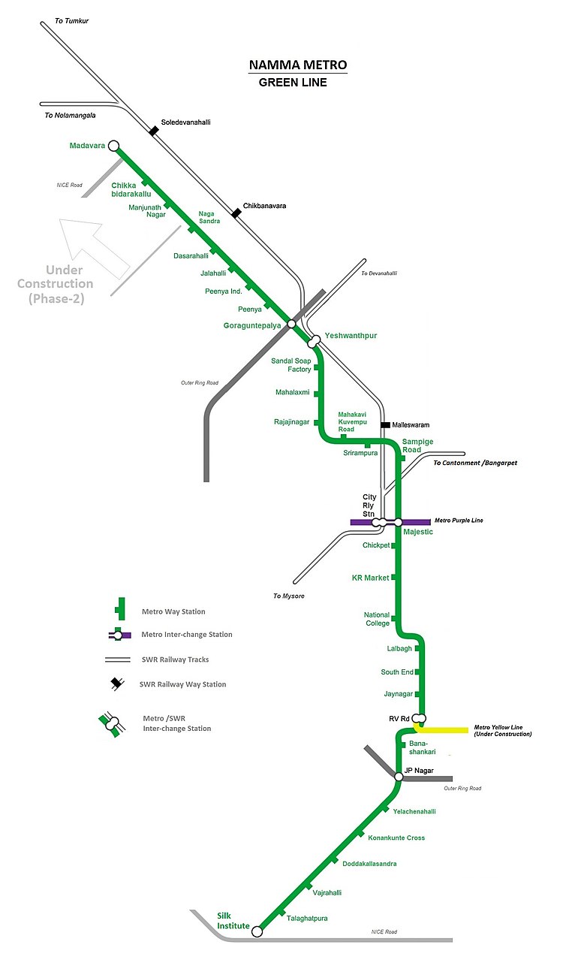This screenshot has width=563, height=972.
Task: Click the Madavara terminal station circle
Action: click(113, 146)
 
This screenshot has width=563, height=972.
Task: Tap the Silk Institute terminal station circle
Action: click(257, 931)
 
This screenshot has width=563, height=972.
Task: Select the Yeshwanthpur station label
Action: click(351, 336)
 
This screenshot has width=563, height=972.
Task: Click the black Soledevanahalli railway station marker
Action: click(154, 131)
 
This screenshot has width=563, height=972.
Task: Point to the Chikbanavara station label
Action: click(264, 206)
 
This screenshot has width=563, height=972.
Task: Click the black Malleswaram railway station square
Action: click(385, 425)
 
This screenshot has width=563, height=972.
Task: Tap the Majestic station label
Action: click(419, 533)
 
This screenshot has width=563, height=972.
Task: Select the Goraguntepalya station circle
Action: click(292, 324)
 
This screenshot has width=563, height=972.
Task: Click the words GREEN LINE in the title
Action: click(293, 83)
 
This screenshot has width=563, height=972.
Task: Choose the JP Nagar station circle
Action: click(399, 777)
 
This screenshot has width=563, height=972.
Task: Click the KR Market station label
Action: click(371, 578)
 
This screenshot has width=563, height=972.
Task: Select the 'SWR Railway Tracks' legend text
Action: click(175, 660)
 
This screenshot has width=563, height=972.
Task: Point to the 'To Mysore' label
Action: click(289, 596)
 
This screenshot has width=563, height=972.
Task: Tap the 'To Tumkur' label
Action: click(71, 21)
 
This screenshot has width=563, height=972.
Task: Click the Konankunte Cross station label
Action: click(396, 838)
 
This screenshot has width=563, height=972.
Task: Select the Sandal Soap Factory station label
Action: click(291, 365)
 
